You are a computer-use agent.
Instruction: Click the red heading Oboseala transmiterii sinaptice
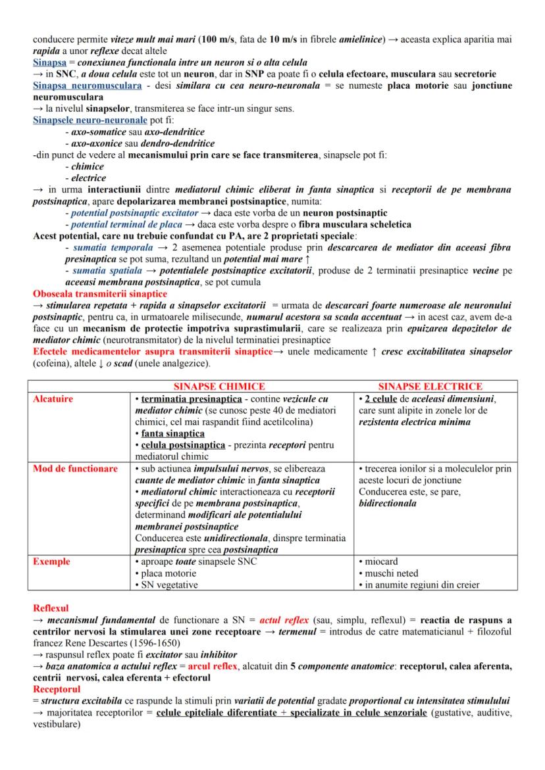[99, 293]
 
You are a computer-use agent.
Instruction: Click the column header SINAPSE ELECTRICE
[430, 387]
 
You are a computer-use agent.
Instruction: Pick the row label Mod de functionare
[76, 469]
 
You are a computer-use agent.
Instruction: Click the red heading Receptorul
[57, 690]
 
